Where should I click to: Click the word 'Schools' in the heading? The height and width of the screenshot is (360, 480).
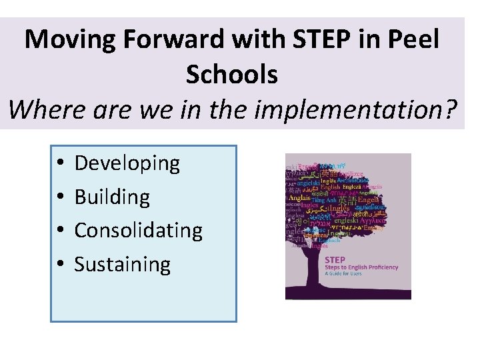(x=231, y=74)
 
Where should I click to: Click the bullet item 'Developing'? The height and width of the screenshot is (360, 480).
(x=127, y=163)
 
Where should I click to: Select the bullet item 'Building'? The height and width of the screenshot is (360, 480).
(x=112, y=197)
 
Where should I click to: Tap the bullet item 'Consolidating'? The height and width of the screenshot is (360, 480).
(x=138, y=230)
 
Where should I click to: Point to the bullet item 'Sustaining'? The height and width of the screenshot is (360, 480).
(x=123, y=264)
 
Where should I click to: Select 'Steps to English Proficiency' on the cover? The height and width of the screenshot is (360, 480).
(x=361, y=267)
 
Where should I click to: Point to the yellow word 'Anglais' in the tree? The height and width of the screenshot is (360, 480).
(x=301, y=197)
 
